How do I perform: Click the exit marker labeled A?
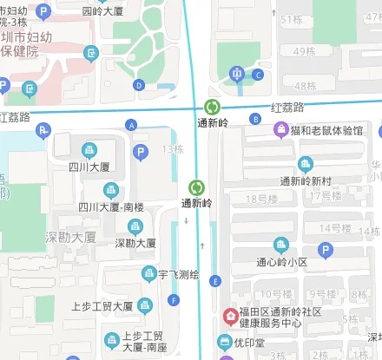tap(132, 125)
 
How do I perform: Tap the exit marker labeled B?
tap(254, 119)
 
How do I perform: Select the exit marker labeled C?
tap(258, 75)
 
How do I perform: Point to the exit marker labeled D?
tap(139, 85)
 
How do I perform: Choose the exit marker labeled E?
tap(215, 280)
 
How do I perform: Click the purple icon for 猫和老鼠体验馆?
tap(280, 130)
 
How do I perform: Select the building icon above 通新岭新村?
tap(305, 164)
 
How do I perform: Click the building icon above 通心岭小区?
tap(281, 245)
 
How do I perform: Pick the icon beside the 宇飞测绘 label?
tap(148, 275)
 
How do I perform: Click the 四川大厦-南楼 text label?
tap(112, 207)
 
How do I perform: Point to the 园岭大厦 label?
tap(103, 11)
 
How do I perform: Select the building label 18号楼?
tap(261, 199)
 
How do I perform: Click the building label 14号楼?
tap(333, 228)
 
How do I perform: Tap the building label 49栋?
tap(305, 51)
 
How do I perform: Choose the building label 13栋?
tap(173, 150)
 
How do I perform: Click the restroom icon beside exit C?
tap(237, 74)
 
